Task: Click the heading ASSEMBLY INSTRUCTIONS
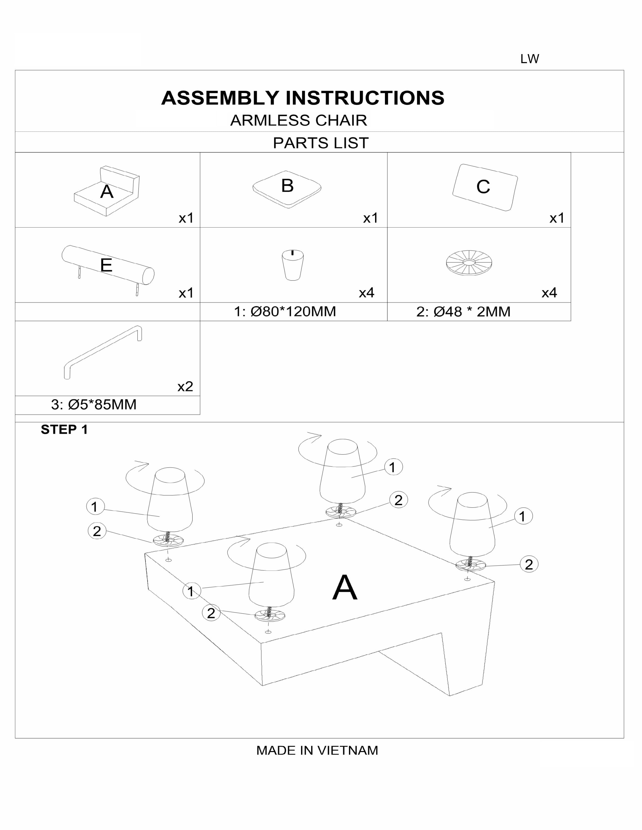point(303,98)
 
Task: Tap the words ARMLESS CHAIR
point(299,120)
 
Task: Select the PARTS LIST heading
point(320,143)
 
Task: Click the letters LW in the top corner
point(529,59)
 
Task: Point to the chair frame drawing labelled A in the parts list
point(106,191)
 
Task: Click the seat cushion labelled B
point(287,189)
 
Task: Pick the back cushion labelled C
point(485,187)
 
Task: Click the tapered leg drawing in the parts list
point(293,265)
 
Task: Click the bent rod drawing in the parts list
point(103,352)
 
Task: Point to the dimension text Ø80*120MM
point(293,312)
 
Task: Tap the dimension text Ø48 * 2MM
point(472,312)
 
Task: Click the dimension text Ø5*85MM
point(102,405)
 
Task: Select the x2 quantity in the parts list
point(185,387)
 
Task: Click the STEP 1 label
point(64,429)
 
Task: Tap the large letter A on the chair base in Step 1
point(345,588)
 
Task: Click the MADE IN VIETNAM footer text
point(317,750)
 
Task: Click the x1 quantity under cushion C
point(557,218)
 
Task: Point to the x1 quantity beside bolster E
point(186,293)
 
